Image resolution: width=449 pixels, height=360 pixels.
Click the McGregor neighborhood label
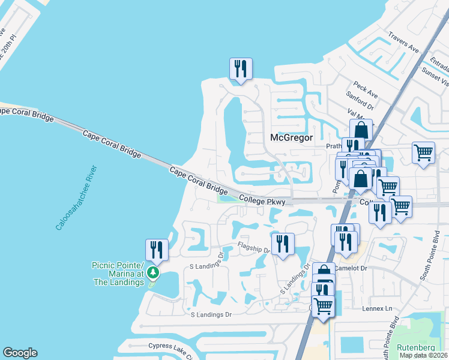coord(291,137)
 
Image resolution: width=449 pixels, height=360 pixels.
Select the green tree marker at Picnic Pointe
coord(154,274)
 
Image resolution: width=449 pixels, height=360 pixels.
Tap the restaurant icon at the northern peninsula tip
coord(241,68)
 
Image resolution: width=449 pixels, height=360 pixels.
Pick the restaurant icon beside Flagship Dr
coord(282,244)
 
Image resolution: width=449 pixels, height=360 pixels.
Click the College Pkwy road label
coord(261,200)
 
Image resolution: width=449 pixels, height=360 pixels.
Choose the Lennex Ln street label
coord(376,308)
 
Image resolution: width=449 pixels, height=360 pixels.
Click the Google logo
coord(20,353)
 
